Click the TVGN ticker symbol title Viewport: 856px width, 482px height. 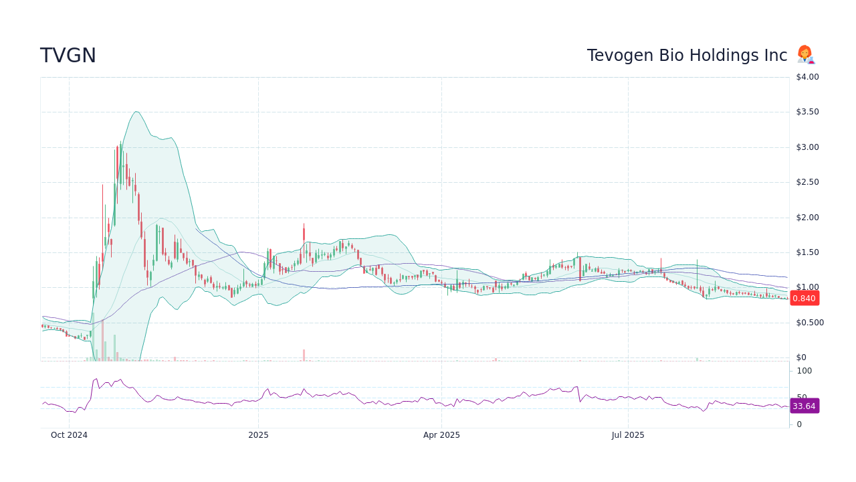pos(68,56)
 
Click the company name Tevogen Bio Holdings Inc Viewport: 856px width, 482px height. pos(687,56)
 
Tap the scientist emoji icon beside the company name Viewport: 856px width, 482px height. pos(805,55)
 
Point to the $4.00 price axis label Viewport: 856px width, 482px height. pos(807,77)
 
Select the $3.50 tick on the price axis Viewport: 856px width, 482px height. pos(807,112)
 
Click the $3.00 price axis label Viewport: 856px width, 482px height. pos(807,147)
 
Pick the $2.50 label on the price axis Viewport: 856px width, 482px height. pos(807,182)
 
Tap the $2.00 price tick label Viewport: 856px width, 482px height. pos(807,218)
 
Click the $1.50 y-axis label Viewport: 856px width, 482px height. pos(807,252)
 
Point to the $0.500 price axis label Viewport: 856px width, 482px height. pos(809,323)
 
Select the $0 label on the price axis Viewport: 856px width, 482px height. pos(801,357)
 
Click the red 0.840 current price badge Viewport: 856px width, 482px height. pos(804,299)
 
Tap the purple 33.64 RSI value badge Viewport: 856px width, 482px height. pos(804,406)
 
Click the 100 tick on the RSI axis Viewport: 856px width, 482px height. pos(804,371)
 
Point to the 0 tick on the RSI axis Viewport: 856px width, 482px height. pos(799,424)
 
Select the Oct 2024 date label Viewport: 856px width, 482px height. pos(69,435)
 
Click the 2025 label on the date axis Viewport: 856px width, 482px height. pos(258,435)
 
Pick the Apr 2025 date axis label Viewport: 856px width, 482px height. pos(441,435)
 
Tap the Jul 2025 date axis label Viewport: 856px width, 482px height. pos(628,435)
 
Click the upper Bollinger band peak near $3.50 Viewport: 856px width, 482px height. pos(136,112)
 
